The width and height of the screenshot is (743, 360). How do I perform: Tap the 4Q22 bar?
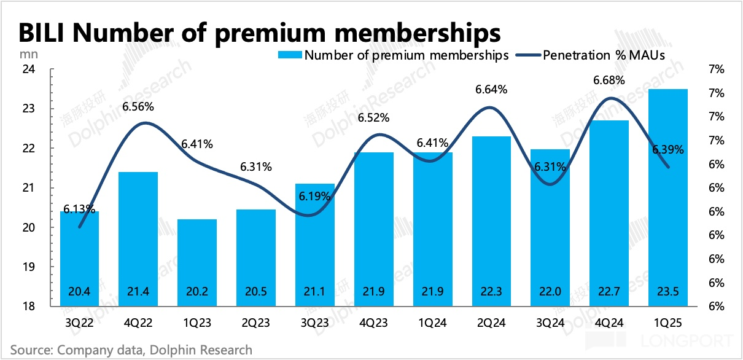(138, 239)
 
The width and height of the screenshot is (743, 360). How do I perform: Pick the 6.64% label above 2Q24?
(491, 90)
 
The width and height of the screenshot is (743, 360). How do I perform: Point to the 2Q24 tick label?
(491, 321)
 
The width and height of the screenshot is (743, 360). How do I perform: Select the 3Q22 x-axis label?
(79, 321)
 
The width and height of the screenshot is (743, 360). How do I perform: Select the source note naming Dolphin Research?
(131, 350)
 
